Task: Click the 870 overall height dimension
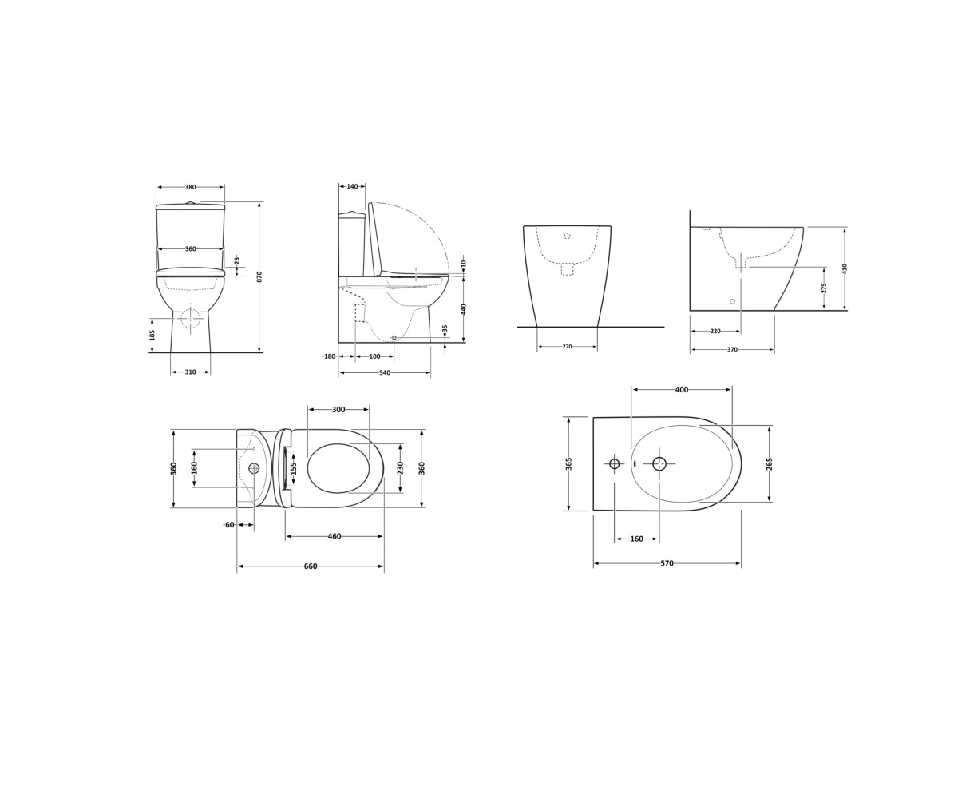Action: tap(259, 276)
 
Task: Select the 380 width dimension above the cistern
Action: tap(191, 187)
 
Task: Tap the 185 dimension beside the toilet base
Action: tap(152, 335)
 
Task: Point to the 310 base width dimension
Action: tap(191, 372)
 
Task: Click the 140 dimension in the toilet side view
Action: tap(352, 186)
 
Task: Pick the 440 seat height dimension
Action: tap(464, 308)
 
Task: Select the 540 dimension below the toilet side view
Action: tap(385, 373)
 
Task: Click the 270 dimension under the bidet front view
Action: tap(567, 347)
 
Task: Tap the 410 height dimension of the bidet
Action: tap(845, 268)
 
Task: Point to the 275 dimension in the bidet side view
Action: tap(824, 288)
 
